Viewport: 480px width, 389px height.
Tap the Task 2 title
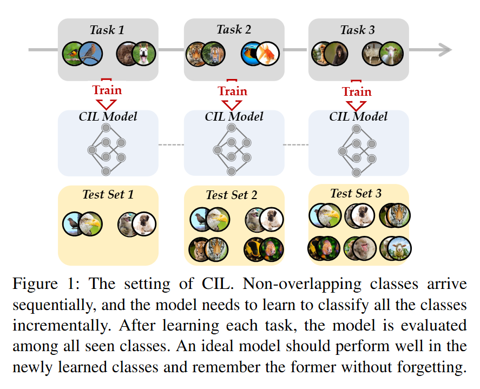(x=234, y=30)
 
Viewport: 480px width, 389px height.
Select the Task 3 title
(x=357, y=30)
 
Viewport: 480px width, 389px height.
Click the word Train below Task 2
(x=232, y=90)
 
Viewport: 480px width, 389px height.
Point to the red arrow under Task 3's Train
(x=357, y=105)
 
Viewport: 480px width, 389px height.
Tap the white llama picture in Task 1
(x=143, y=54)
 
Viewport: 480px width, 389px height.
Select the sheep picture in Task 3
(x=391, y=54)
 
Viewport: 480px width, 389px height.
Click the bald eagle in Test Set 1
(x=90, y=223)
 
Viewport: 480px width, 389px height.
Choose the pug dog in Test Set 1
(x=144, y=223)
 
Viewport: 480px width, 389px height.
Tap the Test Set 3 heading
(x=356, y=193)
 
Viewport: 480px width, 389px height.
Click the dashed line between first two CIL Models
(x=171, y=145)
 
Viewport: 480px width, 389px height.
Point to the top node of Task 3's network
(x=356, y=128)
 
